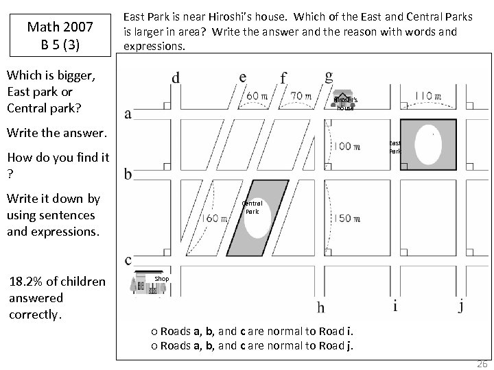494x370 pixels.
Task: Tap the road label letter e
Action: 242,76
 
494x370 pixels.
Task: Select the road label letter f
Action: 283,77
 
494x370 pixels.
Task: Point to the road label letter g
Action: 329,75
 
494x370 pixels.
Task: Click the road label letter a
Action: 128,113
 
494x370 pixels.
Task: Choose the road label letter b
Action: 128,174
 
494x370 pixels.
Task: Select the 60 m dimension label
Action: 257,97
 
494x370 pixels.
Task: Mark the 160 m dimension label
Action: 217,219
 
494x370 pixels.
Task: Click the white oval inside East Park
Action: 429,145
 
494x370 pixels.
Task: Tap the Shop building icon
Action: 144,284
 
